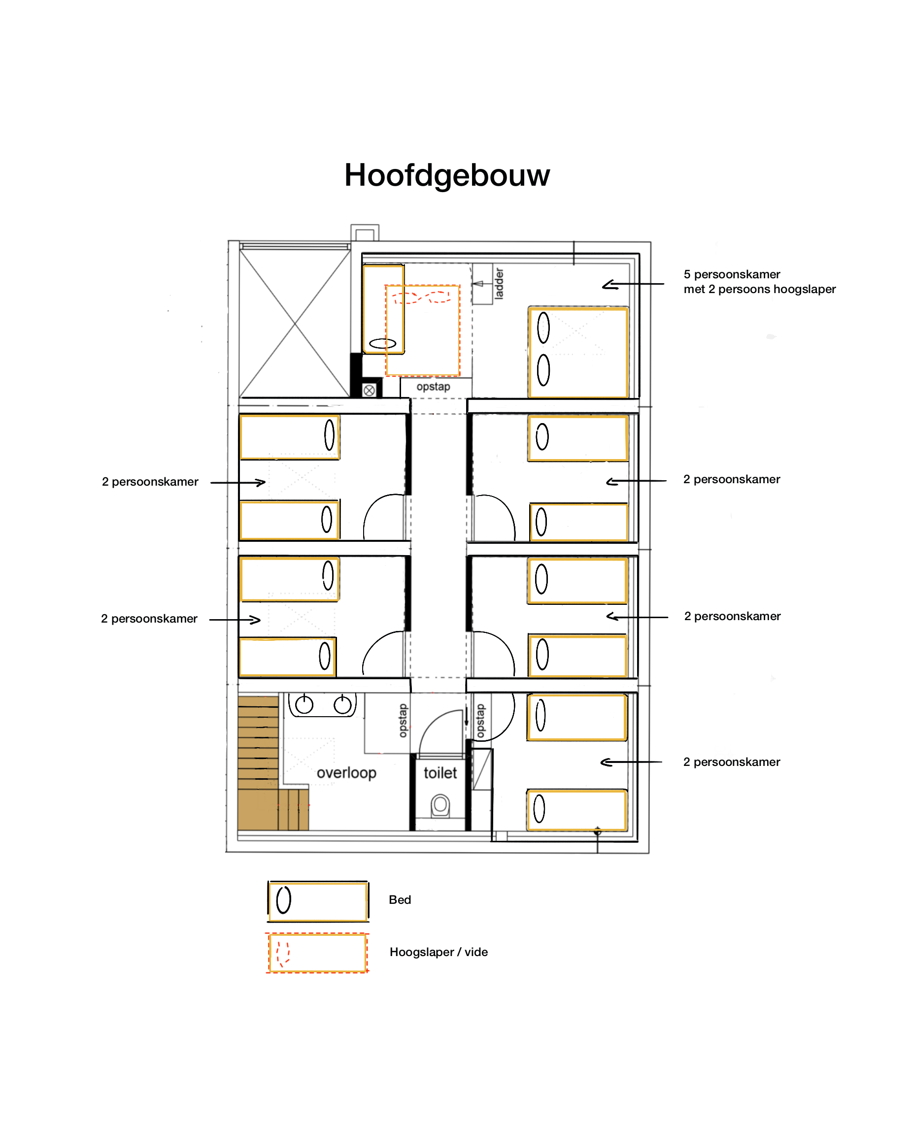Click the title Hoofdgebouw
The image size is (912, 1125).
[x=446, y=175]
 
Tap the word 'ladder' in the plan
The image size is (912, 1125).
[x=499, y=284]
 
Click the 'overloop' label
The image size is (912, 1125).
[x=346, y=773]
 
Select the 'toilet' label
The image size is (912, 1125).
[x=440, y=773]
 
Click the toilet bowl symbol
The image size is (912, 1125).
[x=440, y=805]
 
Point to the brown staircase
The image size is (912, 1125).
[x=265, y=762]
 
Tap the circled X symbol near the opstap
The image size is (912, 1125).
[x=370, y=390]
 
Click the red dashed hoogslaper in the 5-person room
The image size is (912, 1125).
[x=422, y=331]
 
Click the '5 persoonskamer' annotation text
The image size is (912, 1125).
[x=732, y=274]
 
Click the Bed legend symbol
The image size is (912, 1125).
[x=318, y=901]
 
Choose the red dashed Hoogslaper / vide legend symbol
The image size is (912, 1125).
[x=317, y=953]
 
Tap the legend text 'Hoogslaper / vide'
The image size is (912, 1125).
[x=439, y=952]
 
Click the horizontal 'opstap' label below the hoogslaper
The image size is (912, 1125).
[x=434, y=387]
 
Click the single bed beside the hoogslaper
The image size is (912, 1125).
[x=383, y=309]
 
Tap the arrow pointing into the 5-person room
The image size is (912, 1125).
[x=633, y=284]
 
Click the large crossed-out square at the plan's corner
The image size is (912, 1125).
[x=295, y=324]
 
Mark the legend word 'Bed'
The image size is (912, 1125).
[x=400, y=900]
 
